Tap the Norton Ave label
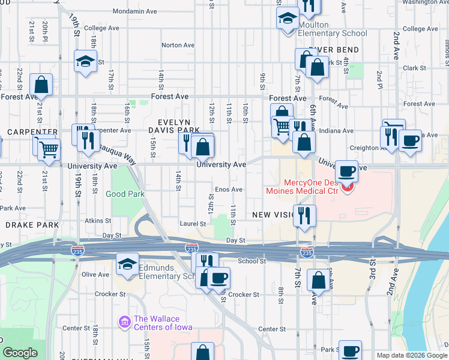[178, 45]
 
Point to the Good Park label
[124, 194]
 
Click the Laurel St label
[193, 224]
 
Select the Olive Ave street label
[95, 274]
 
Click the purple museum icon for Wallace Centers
[125, 323]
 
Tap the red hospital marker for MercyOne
[347, 188]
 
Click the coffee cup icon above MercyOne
[346, 171]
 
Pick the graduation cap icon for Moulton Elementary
[288, 17]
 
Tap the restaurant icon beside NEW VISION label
[304, 215]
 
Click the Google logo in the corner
[20, 353]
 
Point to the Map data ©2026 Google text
[411, 355]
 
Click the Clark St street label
[415, 68]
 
